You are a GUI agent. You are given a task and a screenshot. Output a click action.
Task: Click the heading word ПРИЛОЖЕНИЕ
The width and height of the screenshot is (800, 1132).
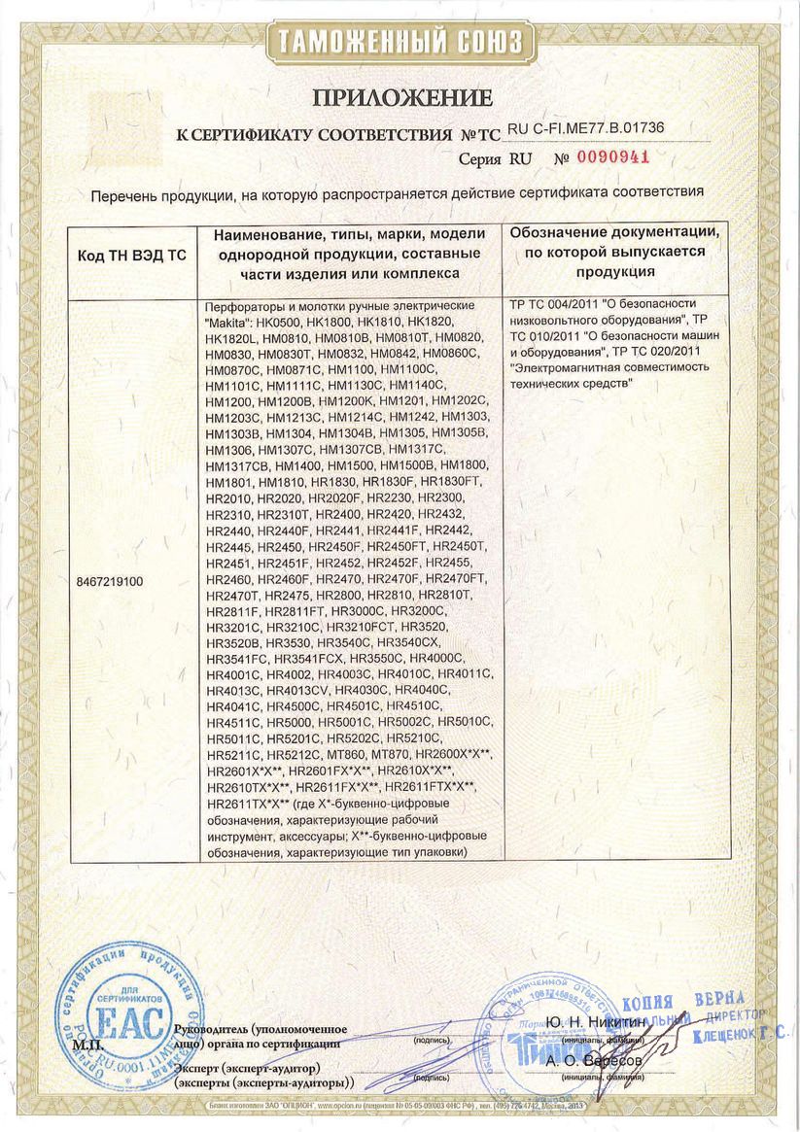point(400,97)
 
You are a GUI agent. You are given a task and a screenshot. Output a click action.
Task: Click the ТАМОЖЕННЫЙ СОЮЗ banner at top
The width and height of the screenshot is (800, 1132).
point(400,42)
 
